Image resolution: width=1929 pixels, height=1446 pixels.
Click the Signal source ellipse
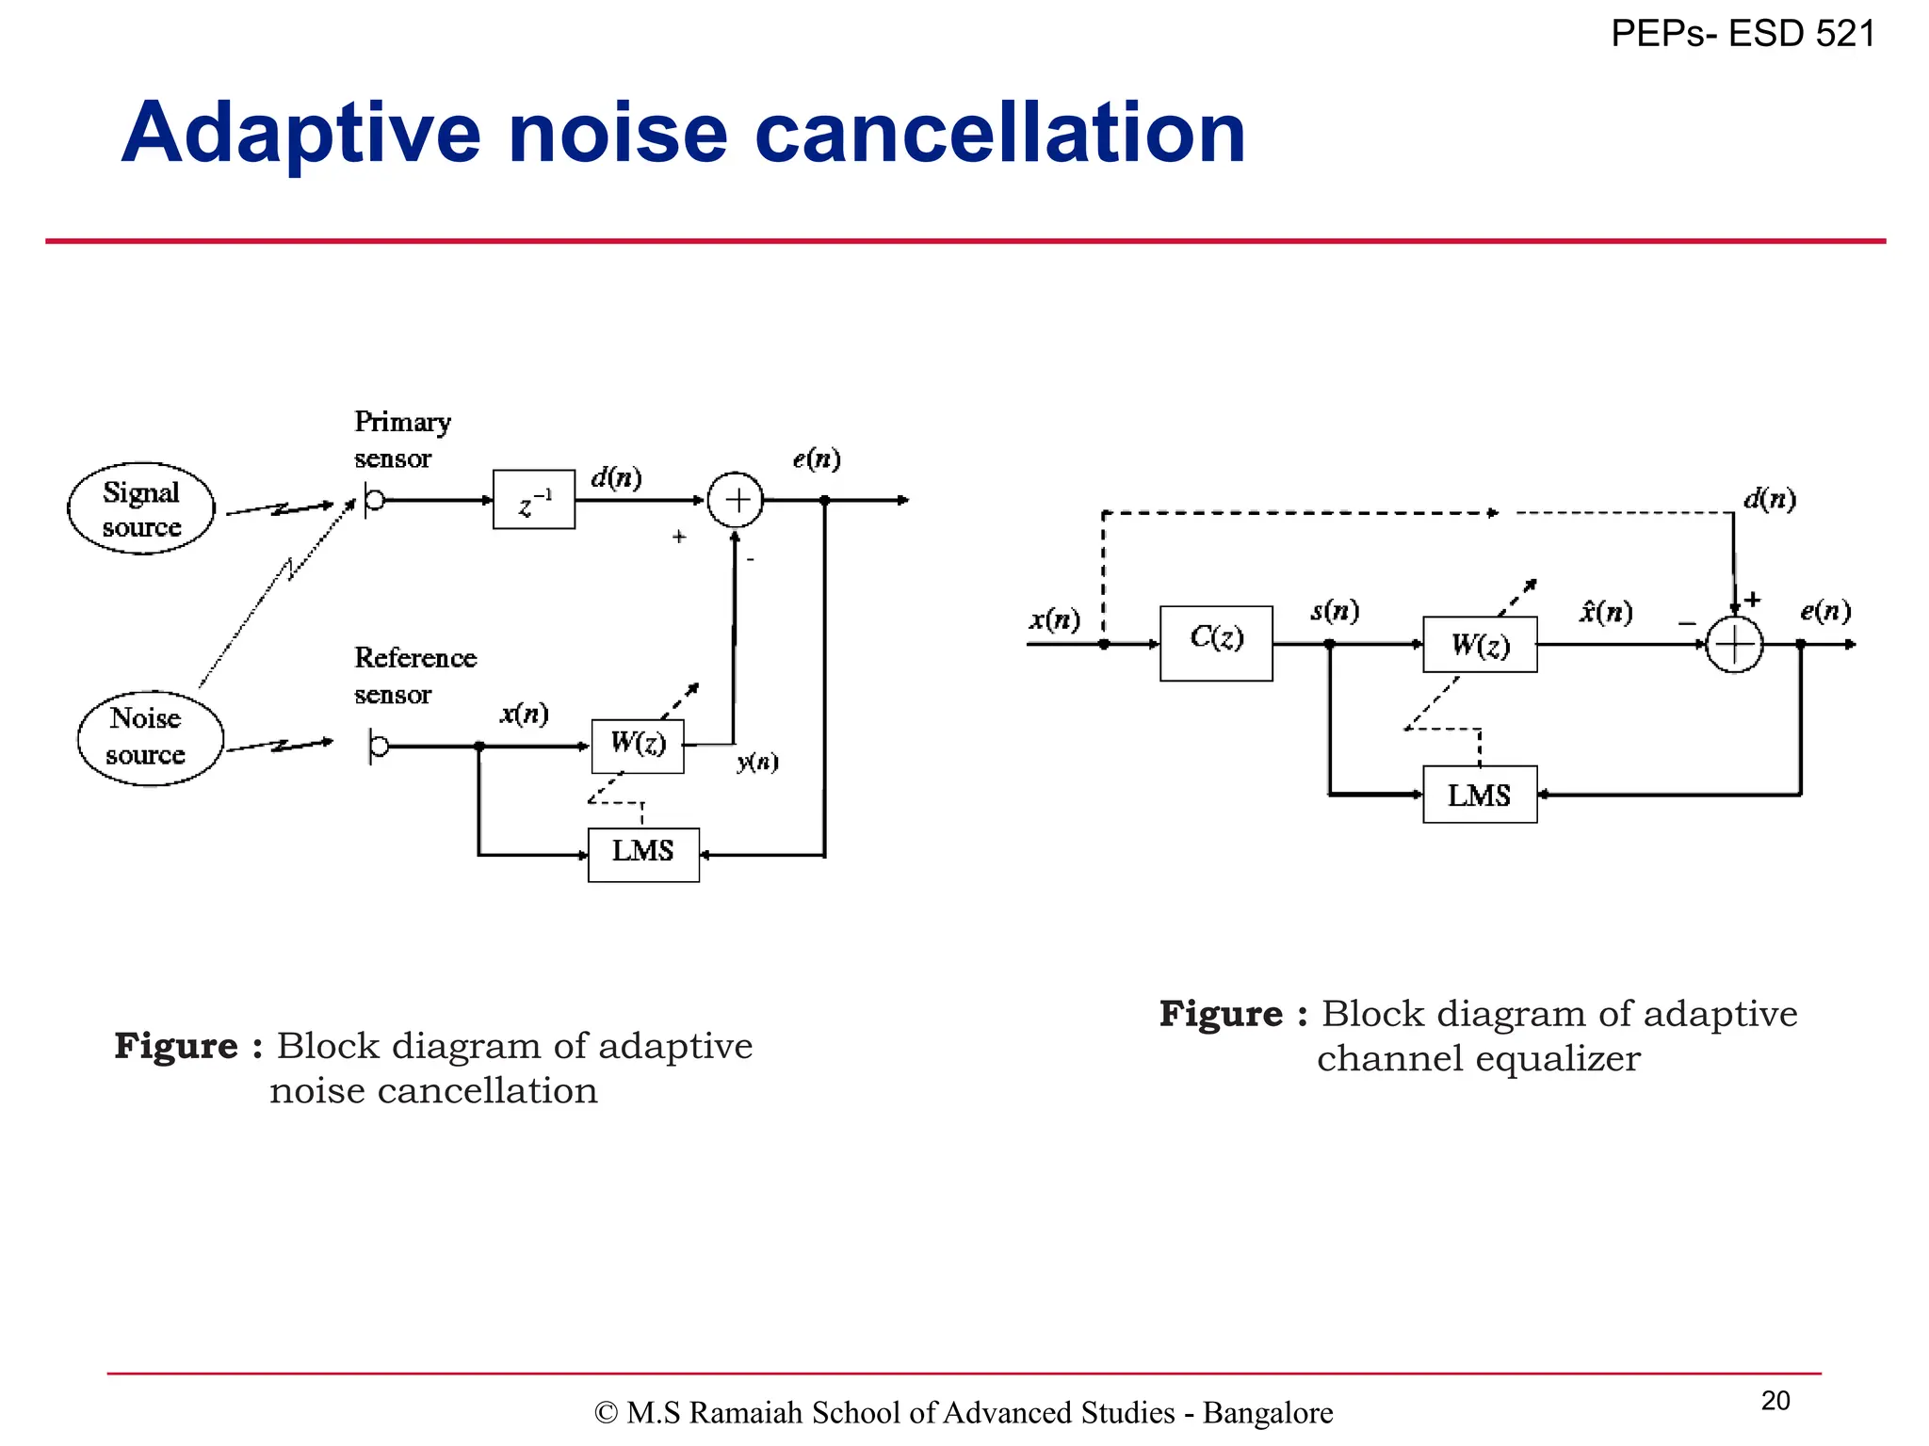pos(141,508)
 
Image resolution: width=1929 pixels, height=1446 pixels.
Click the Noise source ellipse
pos(150,737)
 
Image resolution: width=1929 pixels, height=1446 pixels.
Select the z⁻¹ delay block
pos(534,500)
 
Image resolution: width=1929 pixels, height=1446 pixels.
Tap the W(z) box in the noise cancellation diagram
pos(638,746)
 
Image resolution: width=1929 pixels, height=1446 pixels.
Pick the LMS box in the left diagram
pos(643,854)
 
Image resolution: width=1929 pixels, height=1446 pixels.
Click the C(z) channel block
pos(1216,643)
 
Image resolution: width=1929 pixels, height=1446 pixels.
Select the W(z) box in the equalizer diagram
pos(1480,645)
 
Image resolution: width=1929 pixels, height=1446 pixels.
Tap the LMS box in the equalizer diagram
pos(1480,795)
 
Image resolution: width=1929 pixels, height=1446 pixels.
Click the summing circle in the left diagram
pos(736,500)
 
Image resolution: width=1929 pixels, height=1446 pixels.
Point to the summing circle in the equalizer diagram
pos(1734,645)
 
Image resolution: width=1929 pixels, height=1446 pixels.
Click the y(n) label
pos(757,762)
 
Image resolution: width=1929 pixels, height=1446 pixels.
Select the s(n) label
pos(1335,612)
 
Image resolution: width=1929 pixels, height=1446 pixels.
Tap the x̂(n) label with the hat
pos(1606,612)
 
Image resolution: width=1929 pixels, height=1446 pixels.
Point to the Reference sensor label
pos(414,675)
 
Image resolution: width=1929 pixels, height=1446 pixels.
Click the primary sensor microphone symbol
pos(374,500)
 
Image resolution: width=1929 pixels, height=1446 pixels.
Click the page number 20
pos(1775,1401)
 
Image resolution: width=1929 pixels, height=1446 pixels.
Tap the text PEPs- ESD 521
pos(1743,34)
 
